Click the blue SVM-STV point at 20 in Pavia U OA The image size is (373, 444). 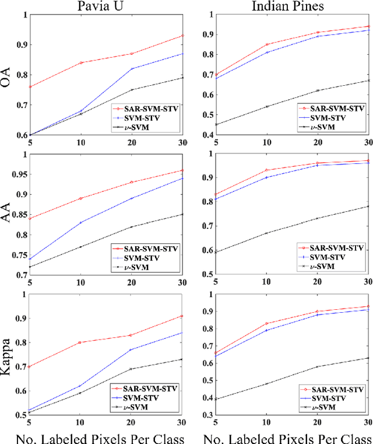pos(132,69)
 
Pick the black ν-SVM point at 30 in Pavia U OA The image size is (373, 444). pos(182,78)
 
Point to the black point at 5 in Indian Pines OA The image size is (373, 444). pos(216,124)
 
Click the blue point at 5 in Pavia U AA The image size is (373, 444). pos(30,259)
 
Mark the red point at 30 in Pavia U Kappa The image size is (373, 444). pos(182,316)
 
